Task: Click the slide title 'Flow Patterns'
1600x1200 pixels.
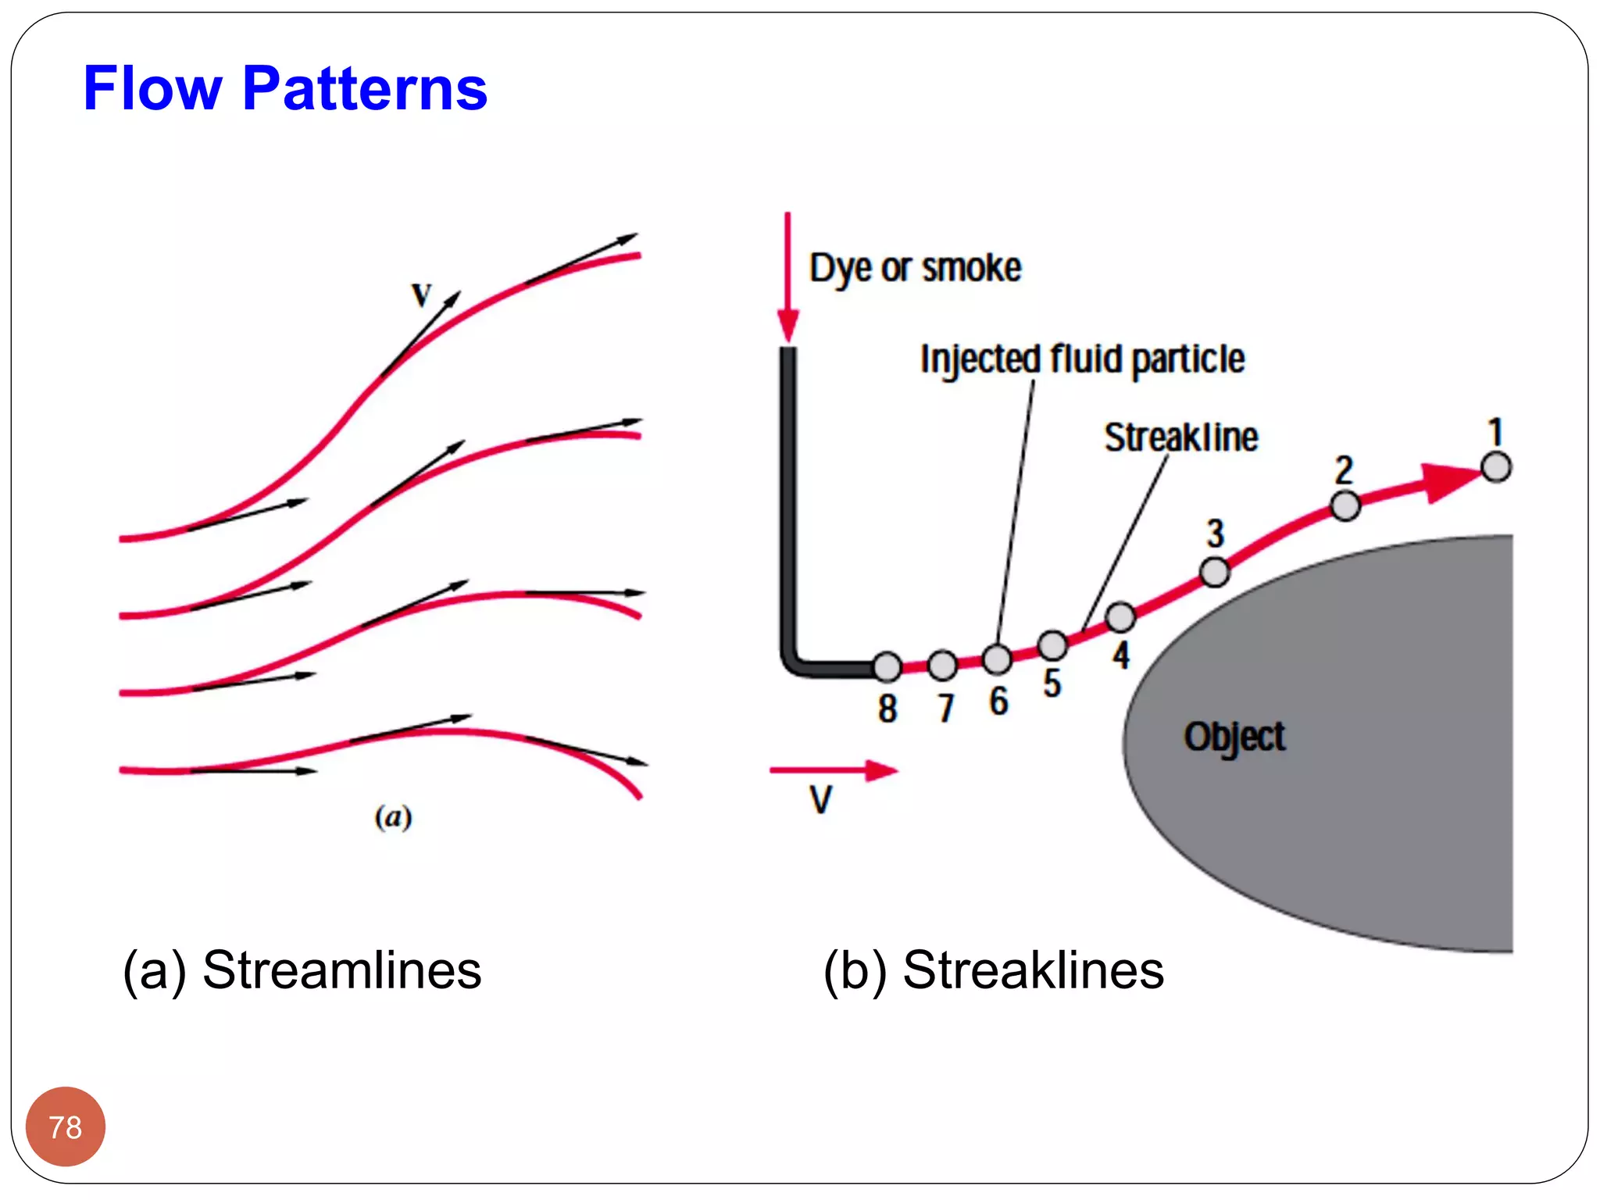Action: pos(285,88)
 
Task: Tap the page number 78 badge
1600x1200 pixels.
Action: pos(66,1127)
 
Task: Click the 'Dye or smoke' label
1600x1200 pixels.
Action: pos(915,268)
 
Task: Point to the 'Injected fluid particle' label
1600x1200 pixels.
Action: pos(1082,359)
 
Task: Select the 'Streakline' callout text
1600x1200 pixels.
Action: pos(1180,437)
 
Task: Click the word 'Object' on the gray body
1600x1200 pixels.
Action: pos(1234,737)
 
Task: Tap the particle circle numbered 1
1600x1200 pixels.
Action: pos(1496,467)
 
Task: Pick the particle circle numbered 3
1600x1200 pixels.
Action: pos(1214,572)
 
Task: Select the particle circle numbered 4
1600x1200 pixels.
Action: pos(1120,617)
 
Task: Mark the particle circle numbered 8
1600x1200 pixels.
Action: pos(887,666)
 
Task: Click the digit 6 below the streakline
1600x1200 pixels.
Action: pos(998,701)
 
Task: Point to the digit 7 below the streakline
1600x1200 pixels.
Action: pos(945,709)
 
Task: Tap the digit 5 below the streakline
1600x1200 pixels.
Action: pos(1052,684)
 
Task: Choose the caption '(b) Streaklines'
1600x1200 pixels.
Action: pos(993,971)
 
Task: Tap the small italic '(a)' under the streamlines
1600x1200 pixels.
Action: pos(393,817)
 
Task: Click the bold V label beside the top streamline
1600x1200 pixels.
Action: pos(421,295)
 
